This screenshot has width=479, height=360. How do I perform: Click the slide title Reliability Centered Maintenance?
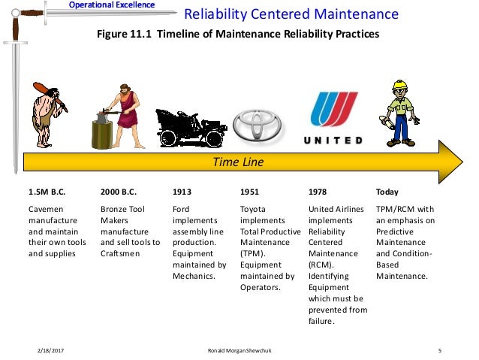(x=292, y=14)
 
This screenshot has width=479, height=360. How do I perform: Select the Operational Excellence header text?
(x=112, y=5)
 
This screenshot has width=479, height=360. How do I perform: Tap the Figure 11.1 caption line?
(x=239, y=34)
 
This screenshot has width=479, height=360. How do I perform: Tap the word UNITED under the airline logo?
(x=333, y=141)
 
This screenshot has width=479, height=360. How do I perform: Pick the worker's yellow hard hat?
(x=399, y=84)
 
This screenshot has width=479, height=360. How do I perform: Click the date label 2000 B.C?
(x=119, y=192)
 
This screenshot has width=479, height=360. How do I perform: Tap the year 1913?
(x=182, y=192)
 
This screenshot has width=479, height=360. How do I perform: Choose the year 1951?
(x=249, y=192)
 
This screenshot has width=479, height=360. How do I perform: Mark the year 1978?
(x=318, y=192)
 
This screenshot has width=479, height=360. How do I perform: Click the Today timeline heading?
(x=387, y=192)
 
